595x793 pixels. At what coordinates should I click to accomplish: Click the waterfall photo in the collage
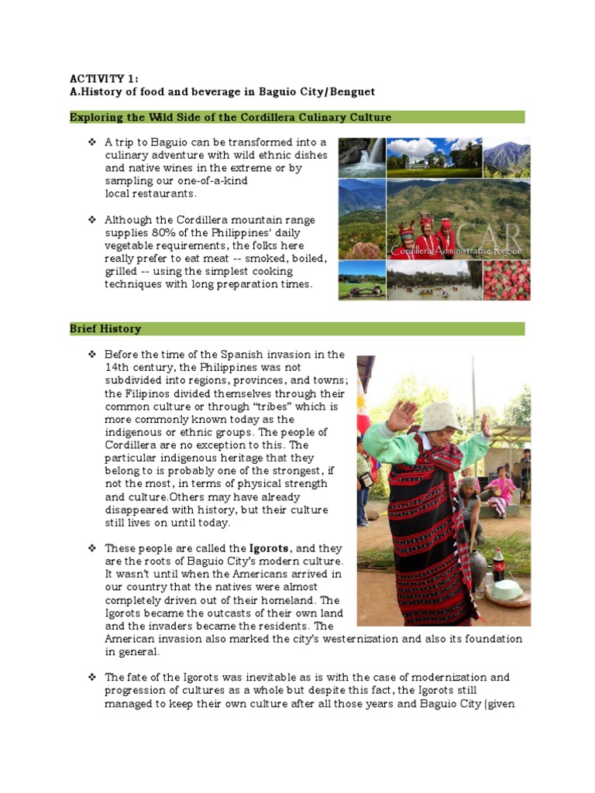click(x=362, y=158)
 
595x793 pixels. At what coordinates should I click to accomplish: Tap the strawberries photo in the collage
click(x=507, y=280)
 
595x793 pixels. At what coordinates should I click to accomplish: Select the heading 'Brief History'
click(x=105, y=329)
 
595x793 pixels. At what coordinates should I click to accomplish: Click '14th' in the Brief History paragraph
click(x=119, y=367)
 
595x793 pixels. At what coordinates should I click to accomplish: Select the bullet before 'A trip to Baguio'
click(x=92, y=142)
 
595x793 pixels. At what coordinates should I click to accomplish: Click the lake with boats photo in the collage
click(x=434, y=280)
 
